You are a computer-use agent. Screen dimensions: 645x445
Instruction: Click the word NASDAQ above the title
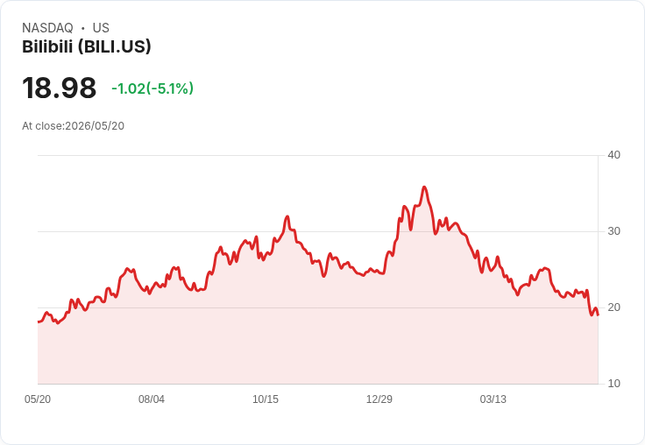click(47, 28)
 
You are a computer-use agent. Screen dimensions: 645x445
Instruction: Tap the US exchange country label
click(101, 28)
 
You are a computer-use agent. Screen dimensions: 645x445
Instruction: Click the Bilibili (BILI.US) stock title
click(87, 46)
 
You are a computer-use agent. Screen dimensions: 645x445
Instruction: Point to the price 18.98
click(60, 88)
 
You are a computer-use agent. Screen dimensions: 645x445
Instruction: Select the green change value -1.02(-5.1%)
click(152, 88)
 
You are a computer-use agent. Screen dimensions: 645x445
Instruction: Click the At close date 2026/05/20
click(95, 126)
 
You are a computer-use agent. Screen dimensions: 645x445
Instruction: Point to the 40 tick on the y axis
click(613, 155)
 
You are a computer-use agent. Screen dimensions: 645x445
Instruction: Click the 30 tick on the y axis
click(613, 231)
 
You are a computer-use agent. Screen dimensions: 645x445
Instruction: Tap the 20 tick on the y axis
click(613, 307)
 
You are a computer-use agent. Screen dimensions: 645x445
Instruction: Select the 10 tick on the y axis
click(613, 384)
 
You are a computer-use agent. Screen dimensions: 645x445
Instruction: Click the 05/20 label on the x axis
click(38, 399)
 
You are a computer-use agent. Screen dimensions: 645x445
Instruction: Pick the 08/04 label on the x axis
click(152, 399)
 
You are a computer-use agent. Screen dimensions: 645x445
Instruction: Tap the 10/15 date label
click(266, 399)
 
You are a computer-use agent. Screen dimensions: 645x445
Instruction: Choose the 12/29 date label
click(379, 399)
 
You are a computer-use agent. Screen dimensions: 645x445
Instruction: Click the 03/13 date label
click(493, 399)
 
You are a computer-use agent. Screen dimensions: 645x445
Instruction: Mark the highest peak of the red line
click(424, 187)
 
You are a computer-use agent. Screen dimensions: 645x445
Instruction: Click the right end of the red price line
click(598, 315)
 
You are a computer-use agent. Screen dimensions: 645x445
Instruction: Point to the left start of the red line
click(39, 321)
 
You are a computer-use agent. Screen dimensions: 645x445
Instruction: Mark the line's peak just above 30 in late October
click(287, 216)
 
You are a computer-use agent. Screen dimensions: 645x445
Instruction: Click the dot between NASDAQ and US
click(82, 28)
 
